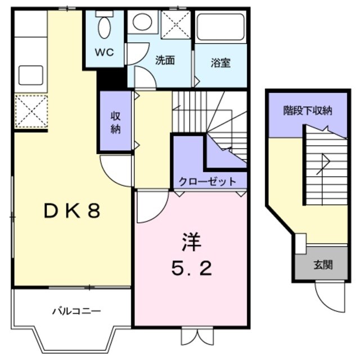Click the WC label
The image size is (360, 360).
(104, 52)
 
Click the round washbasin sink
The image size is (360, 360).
(142, 23)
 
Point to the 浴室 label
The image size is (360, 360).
(220, 62)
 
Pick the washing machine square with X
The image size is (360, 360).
(175, 24)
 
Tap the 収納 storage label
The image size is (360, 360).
(115, 123)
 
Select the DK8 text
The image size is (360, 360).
(73, 211)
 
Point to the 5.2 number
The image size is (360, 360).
(191, 269)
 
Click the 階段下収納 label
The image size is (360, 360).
(307, 111)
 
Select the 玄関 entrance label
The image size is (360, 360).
(323, 264)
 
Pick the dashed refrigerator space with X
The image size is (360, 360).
(31, 111)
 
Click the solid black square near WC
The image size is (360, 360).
(111, 80)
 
